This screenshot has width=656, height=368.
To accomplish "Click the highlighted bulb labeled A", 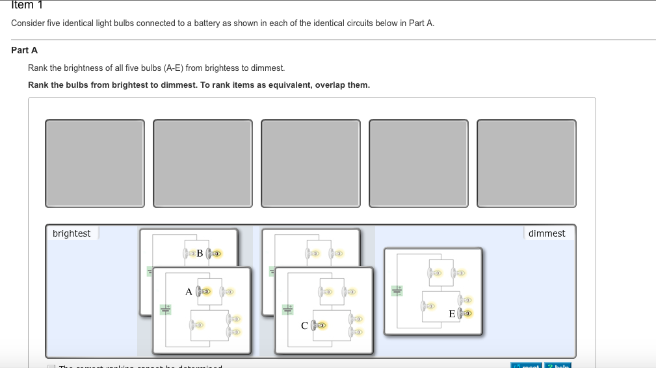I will pyautogui.click(x=205, y=292).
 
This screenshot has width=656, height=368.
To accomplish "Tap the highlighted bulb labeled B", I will pyautogui.click(x=215, y=253).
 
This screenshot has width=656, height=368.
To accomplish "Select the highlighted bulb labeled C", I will pyautogui.click(x=318, y=325).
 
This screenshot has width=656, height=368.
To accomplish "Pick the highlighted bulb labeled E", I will pyautogui.click(x=464, y=314).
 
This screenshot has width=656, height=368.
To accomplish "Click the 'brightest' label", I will pyautogui.click(x=72, y=233).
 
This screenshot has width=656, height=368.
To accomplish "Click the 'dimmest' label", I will pyautogui.click(x=547, y=233).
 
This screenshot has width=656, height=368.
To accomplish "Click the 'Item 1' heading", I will pyautogui.click(x=23, y=5).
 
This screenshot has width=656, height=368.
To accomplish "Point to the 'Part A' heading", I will pyautogui.click(x=25, y=50).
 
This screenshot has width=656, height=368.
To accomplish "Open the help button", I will pyautogui.click(x=558, y=365).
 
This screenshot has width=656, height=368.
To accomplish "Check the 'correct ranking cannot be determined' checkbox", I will pyautogui.click(x=51, y=366).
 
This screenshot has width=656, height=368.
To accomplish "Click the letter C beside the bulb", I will pyautogui.click(x=304, y=325).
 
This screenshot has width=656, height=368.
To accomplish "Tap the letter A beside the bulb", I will pyautogui.click(x=189, y=292).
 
